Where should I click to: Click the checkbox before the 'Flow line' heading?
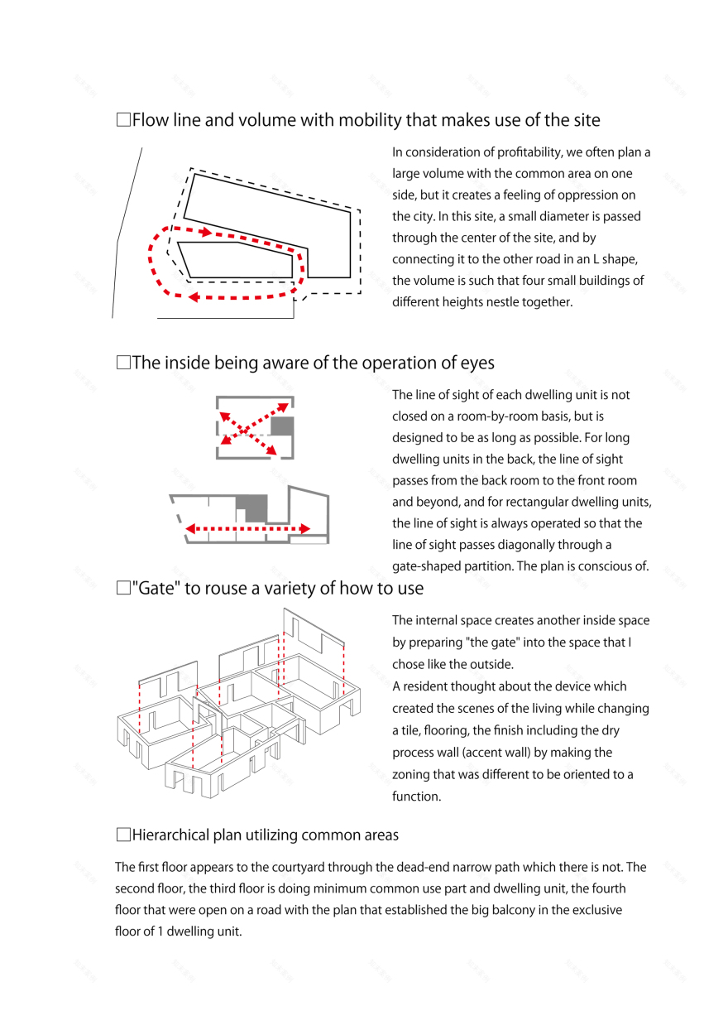click(123, 121)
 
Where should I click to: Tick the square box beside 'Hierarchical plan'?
click(123, 835)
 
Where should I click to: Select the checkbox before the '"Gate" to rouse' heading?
click(123, 589)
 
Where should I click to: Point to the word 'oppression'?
click(591, 195)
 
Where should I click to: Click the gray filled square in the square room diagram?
click(282, 426)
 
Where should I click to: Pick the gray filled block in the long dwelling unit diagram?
click(252, 508)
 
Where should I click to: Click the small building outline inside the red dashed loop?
click(236, 259)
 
